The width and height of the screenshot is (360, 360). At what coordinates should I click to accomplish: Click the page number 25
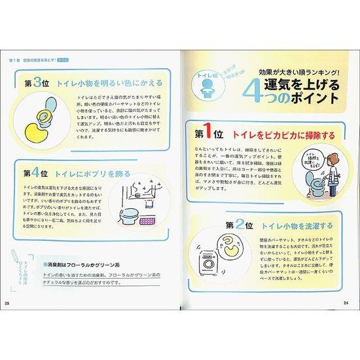coord(7,302)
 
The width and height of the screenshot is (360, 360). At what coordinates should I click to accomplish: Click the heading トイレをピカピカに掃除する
coord(283,135)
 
